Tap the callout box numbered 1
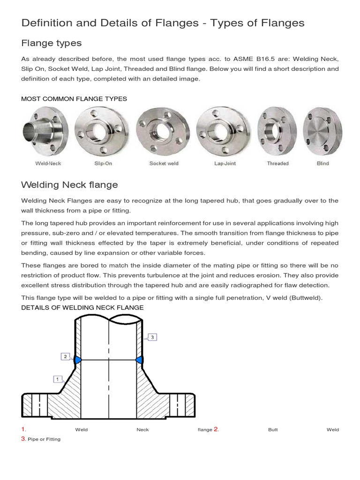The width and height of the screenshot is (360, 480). tap(58, 378)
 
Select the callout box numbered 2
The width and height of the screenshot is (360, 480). tap(65, 357)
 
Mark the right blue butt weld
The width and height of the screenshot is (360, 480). tap(139, 360)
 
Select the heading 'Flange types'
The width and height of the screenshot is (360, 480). tap(52, 43)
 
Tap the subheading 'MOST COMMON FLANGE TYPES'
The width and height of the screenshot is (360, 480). tap(74, 99)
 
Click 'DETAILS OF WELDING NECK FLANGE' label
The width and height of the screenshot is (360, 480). tap(82, 307)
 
